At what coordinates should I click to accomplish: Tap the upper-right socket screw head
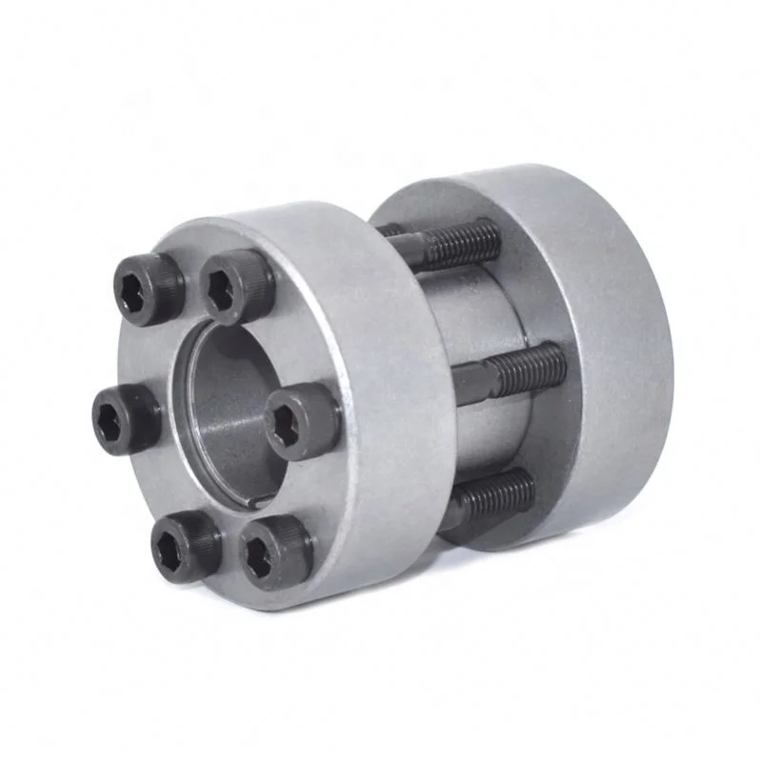[238, 284]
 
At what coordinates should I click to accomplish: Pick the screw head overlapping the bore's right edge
[301, 421]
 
